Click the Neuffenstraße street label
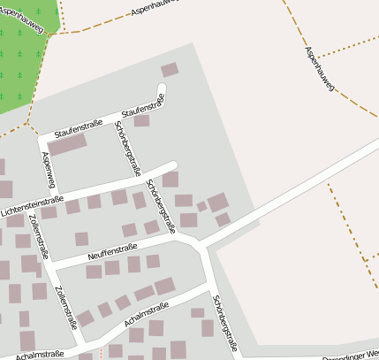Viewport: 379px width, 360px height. [x=113, y=252]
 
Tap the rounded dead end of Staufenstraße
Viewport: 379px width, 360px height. [x=161, y=88]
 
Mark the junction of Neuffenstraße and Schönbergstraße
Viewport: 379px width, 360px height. [x=201, y=243]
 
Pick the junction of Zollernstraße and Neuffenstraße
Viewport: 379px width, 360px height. [x=50, y=264]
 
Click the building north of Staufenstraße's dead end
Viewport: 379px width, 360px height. [x=169, y=69]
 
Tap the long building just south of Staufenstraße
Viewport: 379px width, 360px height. [x=67, y=145]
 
